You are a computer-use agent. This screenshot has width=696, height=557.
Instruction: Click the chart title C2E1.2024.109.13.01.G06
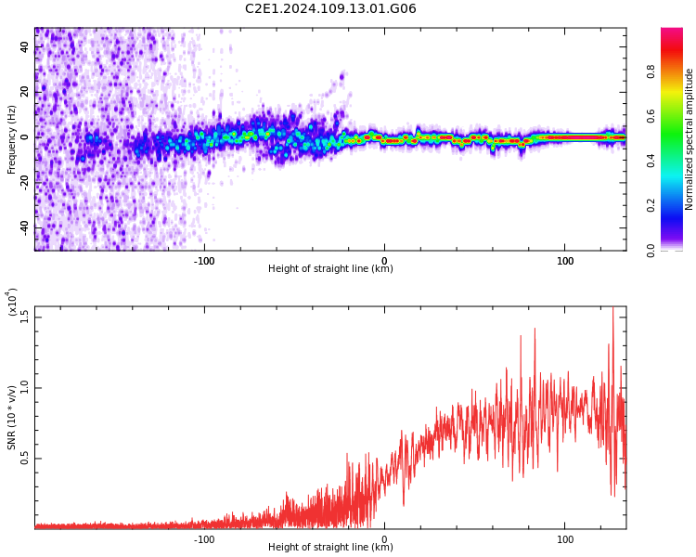[330, 8]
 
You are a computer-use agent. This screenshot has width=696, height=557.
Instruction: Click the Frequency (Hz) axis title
[11, 139]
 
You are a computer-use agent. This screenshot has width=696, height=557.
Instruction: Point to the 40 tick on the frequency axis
[24, 46]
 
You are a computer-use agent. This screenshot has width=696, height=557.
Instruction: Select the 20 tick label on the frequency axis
[24, 92]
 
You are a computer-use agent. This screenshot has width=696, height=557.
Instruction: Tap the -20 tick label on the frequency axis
[24, 182]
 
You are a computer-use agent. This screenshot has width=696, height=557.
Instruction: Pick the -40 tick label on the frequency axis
[24, 227]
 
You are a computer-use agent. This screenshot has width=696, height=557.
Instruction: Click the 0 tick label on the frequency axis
[24, 137]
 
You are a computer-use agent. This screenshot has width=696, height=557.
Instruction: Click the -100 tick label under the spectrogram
[204, 261]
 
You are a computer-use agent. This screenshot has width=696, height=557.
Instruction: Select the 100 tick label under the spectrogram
[564, 261]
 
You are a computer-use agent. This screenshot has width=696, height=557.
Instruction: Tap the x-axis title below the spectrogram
[330, 268]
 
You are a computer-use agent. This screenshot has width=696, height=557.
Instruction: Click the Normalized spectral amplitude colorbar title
[689, 139]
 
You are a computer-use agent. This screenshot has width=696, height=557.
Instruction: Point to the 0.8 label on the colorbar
[651, 71]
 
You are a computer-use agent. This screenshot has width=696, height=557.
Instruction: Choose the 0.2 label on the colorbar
[651, 205]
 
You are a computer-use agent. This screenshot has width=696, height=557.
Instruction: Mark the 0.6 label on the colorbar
[651, 116]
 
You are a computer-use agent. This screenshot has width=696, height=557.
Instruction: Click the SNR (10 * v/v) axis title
[11, 417]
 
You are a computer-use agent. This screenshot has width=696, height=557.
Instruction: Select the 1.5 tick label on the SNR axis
[24, 317]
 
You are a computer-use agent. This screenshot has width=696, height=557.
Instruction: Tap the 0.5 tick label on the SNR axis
[24, 459]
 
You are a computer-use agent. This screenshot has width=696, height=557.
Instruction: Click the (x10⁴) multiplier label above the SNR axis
[11, 302]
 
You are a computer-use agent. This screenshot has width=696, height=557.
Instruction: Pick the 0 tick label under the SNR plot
[384, 539]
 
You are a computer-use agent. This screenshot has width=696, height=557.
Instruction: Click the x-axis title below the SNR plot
[330, 547]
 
